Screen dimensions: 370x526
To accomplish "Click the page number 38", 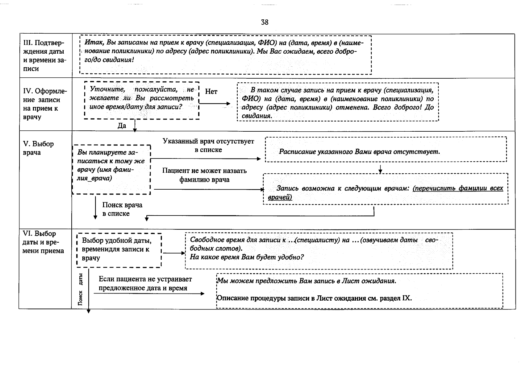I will point(265,22).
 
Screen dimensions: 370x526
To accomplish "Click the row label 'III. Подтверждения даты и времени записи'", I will point(44,56).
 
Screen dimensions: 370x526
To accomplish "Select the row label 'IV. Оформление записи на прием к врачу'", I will point(45,104).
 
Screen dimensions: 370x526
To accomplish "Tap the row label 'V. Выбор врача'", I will point(38,148).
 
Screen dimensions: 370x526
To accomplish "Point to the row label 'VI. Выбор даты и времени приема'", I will point(44,242).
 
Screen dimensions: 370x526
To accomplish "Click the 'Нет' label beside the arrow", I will point(211,92).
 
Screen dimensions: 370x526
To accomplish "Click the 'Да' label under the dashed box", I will point(122,126).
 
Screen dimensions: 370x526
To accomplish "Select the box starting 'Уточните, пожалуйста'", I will point(142,100).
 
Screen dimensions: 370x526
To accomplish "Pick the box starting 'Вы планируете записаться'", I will point(111,169).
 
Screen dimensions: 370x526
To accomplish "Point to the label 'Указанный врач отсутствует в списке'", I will point(208,146).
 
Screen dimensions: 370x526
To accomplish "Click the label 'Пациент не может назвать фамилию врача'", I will point(204,175).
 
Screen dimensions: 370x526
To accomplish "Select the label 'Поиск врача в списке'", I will point(122,209).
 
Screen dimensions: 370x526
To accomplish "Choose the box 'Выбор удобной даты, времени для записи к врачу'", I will point(119,249).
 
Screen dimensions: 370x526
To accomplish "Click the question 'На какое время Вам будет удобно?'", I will point(247,257).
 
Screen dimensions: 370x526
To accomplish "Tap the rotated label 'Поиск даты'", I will point(81,290).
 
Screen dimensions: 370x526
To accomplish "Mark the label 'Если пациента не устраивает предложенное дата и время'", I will point(145,283).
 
